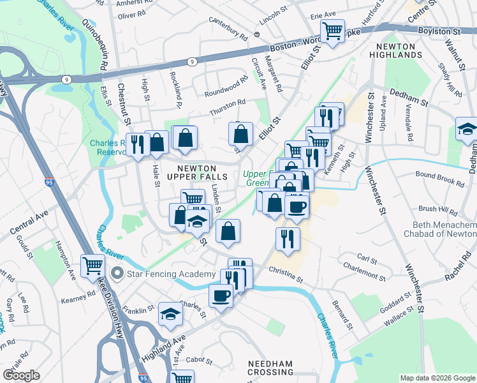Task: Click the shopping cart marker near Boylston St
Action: (x=333, y=31)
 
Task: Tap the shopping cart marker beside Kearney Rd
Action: (x=93, y=266)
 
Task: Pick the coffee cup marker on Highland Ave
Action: (x=221, y=296)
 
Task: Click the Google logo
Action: (x=21, y=375)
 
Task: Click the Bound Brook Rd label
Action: (x=440, y=179)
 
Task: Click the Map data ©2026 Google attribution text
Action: (x=437, y=377)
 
